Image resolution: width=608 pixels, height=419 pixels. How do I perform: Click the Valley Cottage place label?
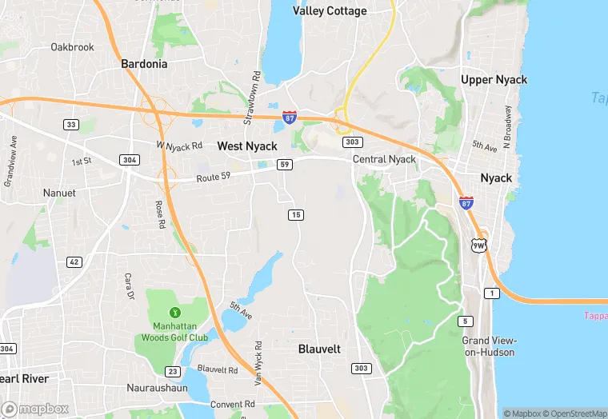(330, 11)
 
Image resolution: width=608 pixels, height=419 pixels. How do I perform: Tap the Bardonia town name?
(145, 63)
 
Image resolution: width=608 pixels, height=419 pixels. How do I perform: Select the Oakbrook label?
(72, 47)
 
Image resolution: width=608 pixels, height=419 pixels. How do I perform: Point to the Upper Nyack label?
(494, 79)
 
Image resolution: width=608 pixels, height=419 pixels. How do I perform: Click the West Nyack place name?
(247, 146)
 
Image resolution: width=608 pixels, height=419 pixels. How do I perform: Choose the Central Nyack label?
(385, 159)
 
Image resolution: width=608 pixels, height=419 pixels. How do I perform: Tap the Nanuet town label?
(60, 193)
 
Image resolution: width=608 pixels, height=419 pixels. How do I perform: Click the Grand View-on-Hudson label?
(488, 346)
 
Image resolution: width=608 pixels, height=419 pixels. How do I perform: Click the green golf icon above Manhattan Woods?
(175, 311)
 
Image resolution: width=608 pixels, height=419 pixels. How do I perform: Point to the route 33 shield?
(72, 124)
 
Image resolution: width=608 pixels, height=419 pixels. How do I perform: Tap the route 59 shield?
(284, 165)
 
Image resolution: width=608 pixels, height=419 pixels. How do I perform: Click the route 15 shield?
(296, 214)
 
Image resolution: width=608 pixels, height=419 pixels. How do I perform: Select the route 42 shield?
(74, 261)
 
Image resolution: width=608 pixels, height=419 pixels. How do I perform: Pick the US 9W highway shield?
(478, 245)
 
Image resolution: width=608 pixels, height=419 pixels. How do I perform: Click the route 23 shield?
(172, 371)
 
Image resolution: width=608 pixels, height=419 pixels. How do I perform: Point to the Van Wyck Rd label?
(259, 365)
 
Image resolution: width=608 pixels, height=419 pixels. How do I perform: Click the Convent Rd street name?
(232, 405)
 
